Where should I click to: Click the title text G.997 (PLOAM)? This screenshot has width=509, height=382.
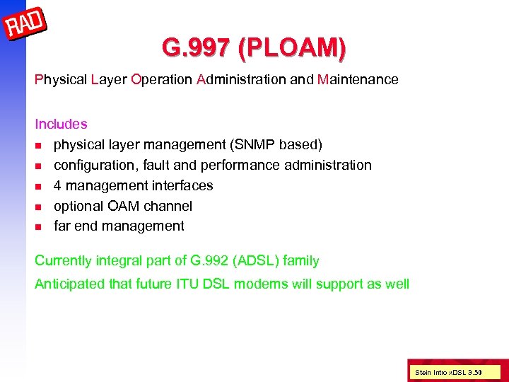click(254, 48)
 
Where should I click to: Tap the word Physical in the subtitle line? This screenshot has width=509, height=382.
click(61, 80)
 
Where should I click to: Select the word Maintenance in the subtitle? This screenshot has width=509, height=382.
click(358, 80)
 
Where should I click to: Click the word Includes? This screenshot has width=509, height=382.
click(61, 125)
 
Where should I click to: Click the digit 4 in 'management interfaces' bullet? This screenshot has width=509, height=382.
click(58, 186)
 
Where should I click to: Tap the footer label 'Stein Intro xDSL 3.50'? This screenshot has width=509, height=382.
click(448, 371)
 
